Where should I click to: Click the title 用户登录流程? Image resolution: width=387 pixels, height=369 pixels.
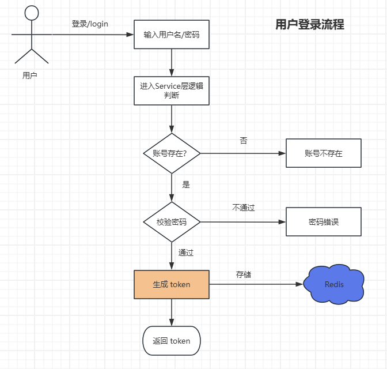pyautogui.click(x=309, y=24)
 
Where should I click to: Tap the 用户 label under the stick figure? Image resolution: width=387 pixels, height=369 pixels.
pyautogui.click(x=30, y=75)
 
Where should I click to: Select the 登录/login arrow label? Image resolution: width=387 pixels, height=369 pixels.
pyautogui.click(x=90, y=24)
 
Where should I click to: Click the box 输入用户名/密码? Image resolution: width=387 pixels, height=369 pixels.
pyautogui.click(x=171, y=35)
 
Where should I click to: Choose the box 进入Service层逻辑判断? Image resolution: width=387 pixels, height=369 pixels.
pyautogui.click(x=171, y=91)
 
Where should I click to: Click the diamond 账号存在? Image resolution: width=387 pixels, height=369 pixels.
pyautogui.click(x=172, y=153)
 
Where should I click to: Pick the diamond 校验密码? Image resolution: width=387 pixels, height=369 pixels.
pyautogui.click(x=172, y=222)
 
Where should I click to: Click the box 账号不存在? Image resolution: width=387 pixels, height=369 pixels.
pyautogui.click(x=323, y=153)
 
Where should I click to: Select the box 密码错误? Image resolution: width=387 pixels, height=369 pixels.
pyautogui.click(x=323, y=222)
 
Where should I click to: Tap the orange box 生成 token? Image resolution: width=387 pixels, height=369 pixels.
pyautogui.click(x=171, y=284)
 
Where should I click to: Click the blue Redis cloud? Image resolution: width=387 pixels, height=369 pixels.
pyautogui.click(x=334, y=284)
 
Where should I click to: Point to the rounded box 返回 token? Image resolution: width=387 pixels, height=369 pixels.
pyautogui.click(x=171, y=341)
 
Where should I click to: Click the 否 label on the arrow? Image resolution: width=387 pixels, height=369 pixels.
pyautogui.click(x=244, y=141)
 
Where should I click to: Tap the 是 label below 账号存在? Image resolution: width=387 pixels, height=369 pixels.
pyautogui.click(x=186, y=185)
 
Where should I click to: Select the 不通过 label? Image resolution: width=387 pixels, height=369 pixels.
pyautogui.click(x=244, y=208)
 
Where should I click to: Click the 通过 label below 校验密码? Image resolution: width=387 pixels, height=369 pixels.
pyautogui.click(x=186, y=253)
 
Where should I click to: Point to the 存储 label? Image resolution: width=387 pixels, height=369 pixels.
pyautogui.click(x=244, y=274)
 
